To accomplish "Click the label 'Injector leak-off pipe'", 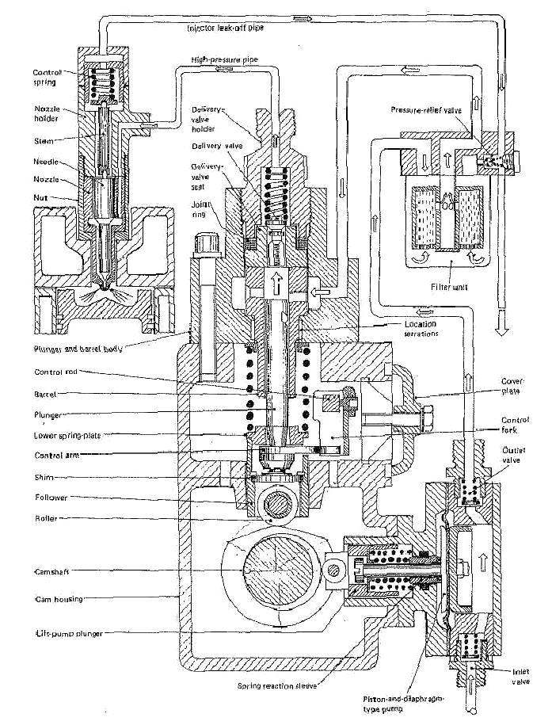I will point(223,29).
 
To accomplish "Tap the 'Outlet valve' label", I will point(516,454).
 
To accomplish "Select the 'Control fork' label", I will point(515,425).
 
